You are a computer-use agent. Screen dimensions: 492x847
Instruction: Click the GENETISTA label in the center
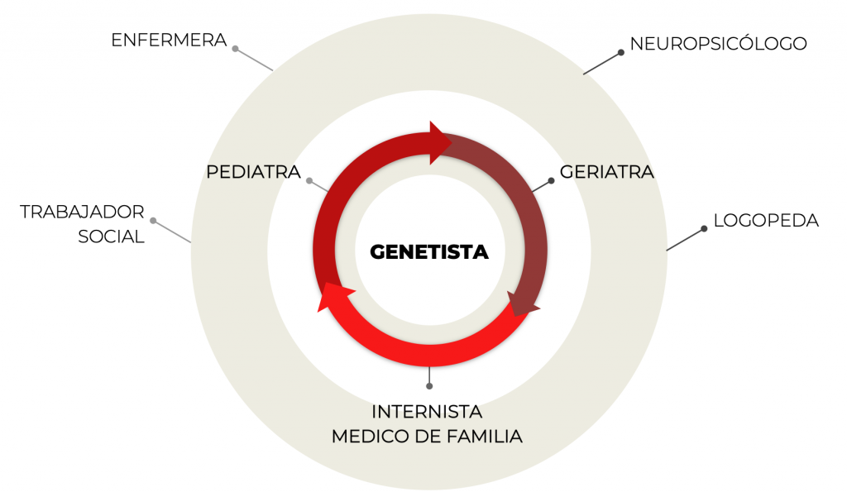click(429, 251)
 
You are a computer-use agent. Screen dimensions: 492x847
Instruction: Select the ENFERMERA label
click(169, 40)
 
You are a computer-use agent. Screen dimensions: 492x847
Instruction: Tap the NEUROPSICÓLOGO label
click(718, 44)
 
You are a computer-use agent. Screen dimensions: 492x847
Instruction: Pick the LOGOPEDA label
click(766, 221)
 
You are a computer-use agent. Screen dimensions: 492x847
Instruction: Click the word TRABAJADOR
click(83, 213)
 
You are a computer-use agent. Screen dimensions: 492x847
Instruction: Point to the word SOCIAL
click(112, 237)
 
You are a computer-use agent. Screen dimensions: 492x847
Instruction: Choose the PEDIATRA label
click(253, 173)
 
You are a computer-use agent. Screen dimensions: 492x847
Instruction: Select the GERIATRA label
click(607, 173)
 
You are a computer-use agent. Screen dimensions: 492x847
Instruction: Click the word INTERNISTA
click(427, 411)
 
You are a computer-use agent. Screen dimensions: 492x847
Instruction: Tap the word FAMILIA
click(481, 436)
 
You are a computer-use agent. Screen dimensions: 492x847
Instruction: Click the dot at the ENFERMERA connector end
click(236, 50)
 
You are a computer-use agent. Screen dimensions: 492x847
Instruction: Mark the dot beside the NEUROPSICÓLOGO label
click(621, 53)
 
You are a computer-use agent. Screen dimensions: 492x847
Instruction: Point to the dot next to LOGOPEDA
click(704, 229)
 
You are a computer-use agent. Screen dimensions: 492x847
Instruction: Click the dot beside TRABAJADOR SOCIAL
click(153, 221)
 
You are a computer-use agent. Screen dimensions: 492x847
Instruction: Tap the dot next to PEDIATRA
click(309, 181)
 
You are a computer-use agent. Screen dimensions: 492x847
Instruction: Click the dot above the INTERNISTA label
click(429, 386)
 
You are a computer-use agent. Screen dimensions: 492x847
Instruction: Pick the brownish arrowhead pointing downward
click(523, 305)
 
